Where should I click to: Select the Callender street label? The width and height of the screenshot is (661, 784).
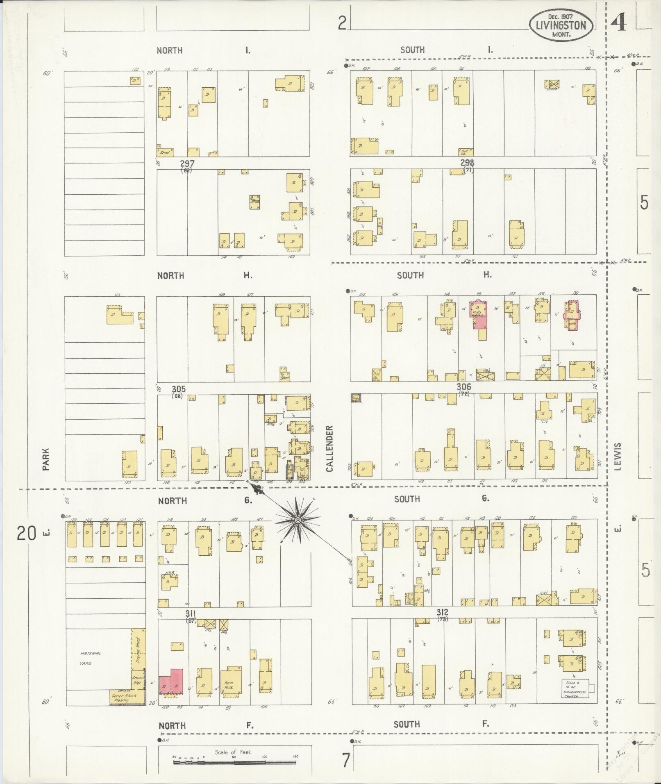pos(329,448)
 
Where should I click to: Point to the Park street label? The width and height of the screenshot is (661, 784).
pos(46,459)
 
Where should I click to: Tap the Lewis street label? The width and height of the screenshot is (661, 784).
pos(618,456)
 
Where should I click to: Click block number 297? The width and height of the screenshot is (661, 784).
pos(187,164)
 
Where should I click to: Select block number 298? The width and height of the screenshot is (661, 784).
pos(468,163)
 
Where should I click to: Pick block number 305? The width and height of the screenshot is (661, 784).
pos(179,389)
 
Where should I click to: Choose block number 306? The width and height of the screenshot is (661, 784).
pos(464,387)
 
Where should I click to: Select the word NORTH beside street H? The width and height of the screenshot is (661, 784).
pos(170,276)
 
